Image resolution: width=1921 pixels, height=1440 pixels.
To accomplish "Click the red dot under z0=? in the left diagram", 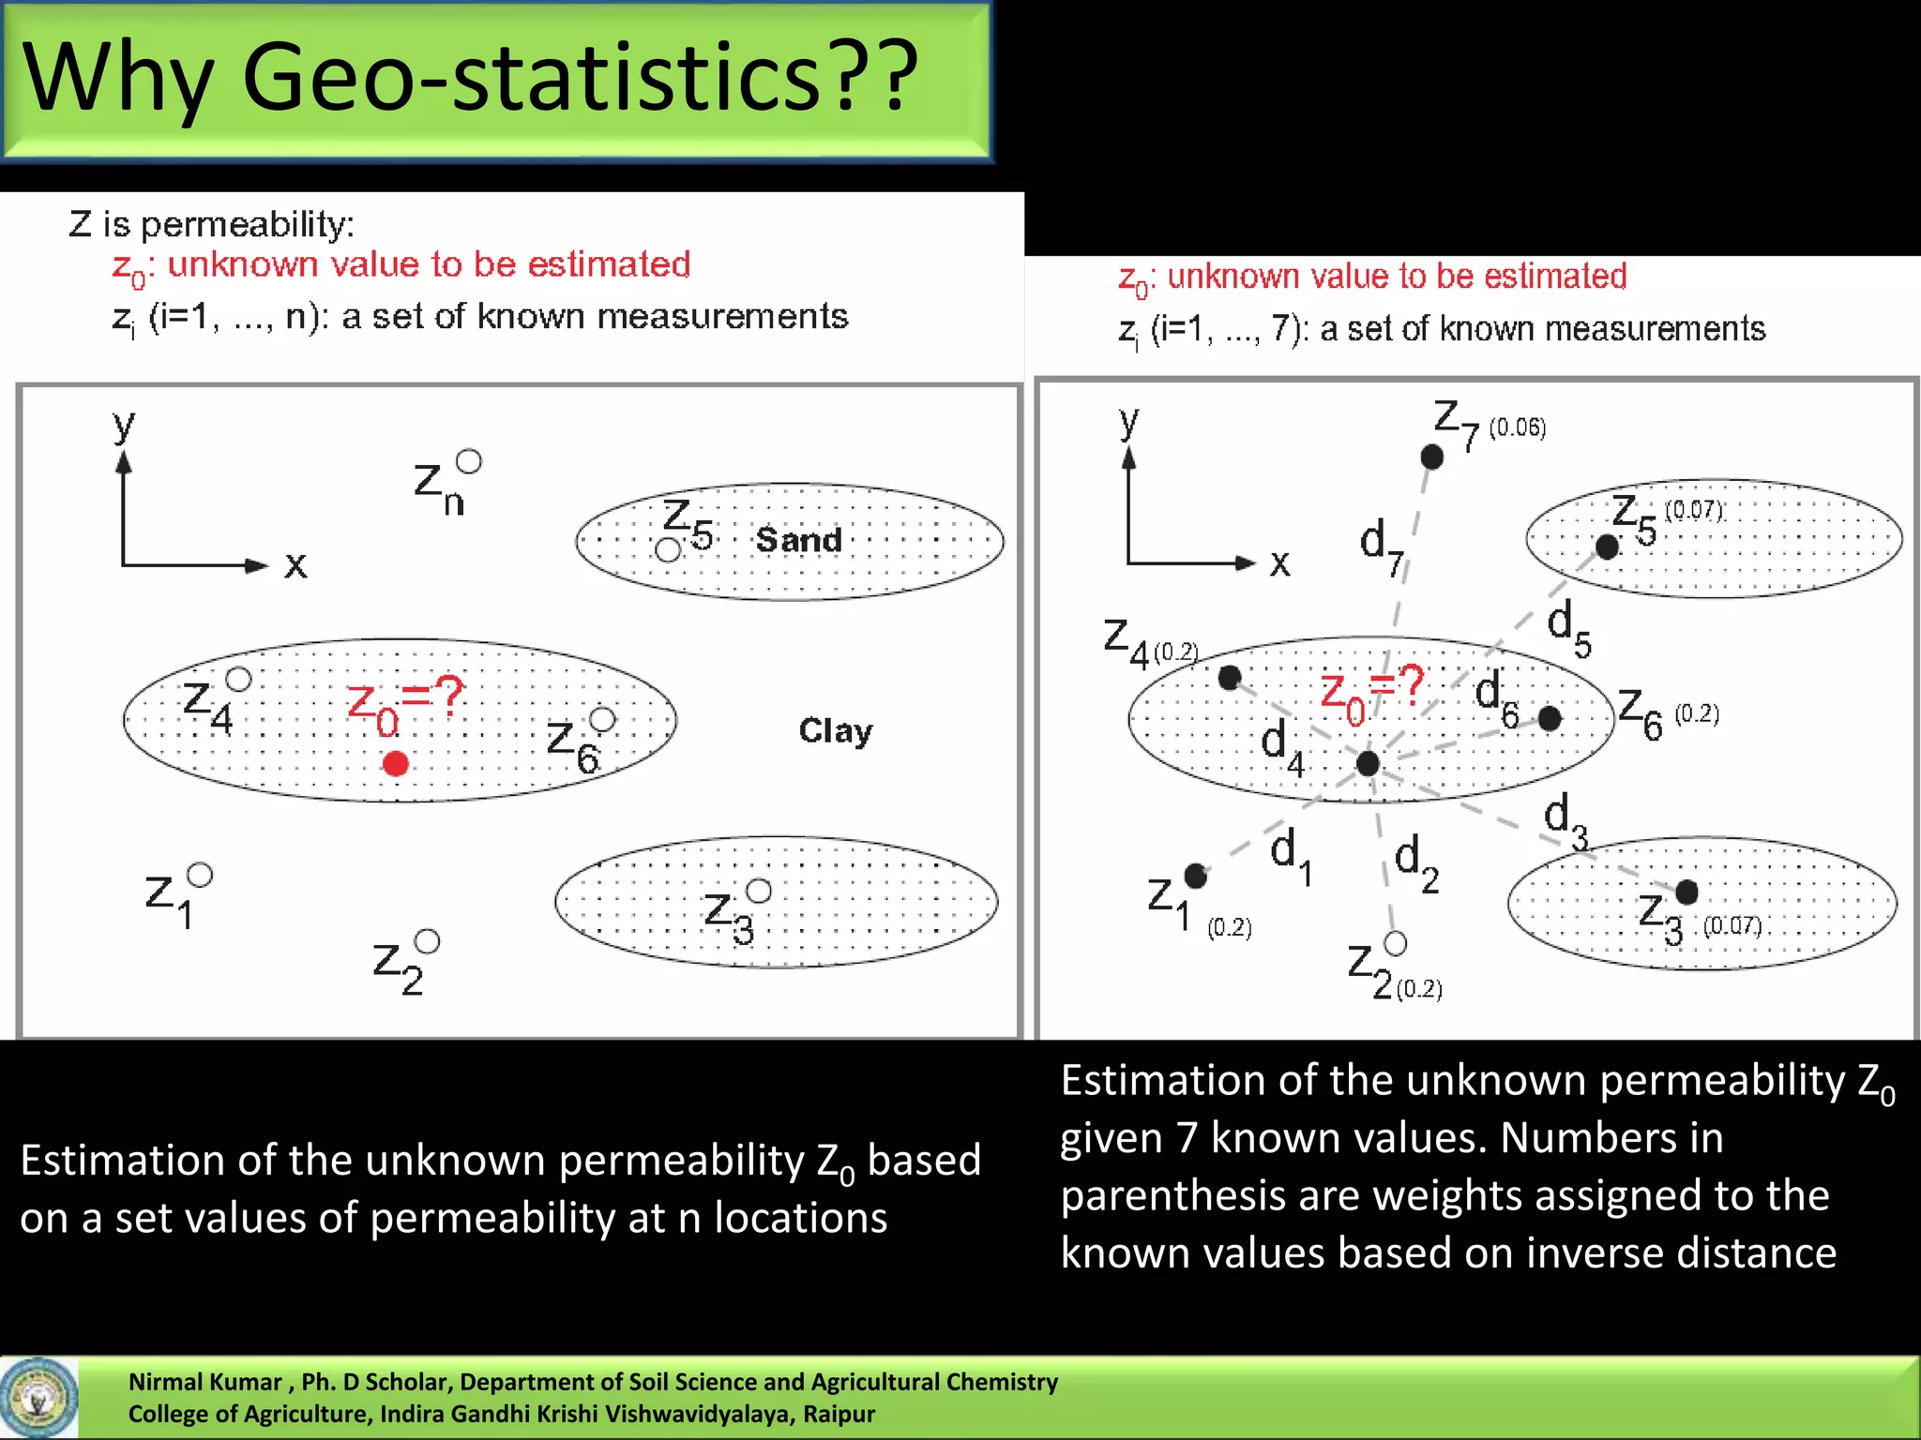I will click(396, 763).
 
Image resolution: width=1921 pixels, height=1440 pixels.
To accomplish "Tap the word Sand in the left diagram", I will click(798, 540).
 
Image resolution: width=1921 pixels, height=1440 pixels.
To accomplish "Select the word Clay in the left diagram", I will click(835, 730).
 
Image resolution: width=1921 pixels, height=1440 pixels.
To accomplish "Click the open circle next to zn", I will click(469, 461).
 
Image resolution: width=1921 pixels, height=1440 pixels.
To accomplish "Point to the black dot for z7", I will click(1431, 457).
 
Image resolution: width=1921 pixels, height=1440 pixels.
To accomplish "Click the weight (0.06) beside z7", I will click(1517, 427).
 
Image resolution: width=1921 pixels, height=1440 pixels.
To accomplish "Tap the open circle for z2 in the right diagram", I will click(1395, 943).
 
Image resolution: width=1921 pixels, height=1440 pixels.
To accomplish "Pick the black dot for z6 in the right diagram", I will click(1550, 719).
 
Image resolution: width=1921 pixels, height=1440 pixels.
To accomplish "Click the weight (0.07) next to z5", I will click(1694, 510).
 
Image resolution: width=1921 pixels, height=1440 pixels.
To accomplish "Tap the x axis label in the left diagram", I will click(295, 565).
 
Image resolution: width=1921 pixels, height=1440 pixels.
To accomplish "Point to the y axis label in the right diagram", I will click(1129, 421).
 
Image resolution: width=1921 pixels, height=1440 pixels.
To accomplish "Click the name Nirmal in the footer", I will click(163, 1382).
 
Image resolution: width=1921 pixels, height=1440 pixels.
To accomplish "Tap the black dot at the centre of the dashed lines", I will click(1368, 763).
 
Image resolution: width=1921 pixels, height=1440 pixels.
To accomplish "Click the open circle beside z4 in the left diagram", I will click(239, 679).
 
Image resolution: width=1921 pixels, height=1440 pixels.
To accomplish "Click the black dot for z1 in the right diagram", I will click(1195, 876).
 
